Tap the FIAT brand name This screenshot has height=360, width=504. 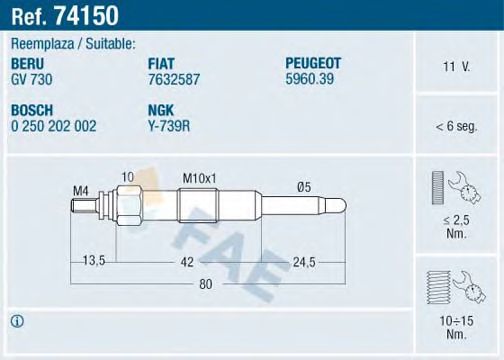point(163,62)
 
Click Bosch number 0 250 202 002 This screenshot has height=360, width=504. point(54,126)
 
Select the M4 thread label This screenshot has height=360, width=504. point(82,190)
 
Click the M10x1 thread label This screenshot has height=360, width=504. point(200,177)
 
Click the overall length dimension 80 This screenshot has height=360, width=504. point(206,285)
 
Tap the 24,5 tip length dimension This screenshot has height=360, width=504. point(303,261)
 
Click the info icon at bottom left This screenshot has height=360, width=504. point(16,321)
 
